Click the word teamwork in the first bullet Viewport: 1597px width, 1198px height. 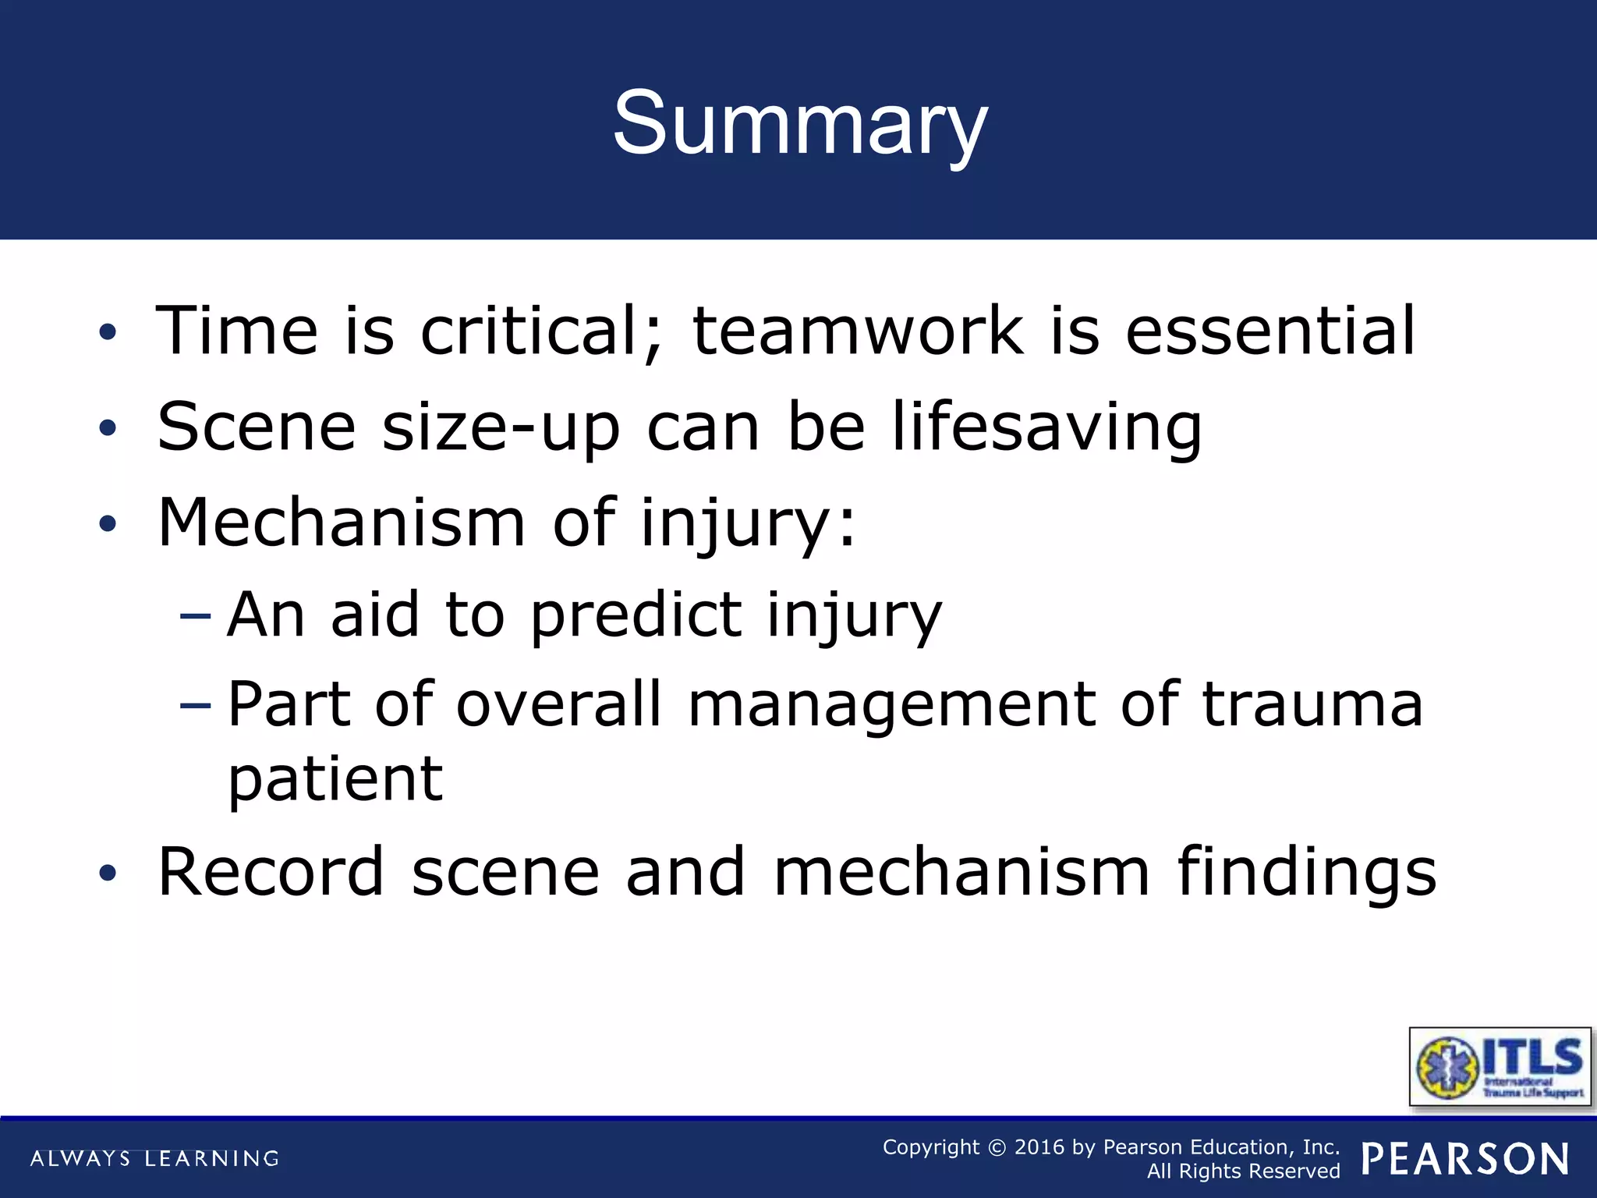pos(857,331)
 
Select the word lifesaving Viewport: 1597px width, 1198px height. pos(1046,427)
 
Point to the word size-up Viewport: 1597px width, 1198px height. pos(501,427)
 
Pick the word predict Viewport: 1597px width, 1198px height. pos(636,615)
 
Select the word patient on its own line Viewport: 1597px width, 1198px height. pos(335,780)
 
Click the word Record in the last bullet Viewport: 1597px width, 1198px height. pos(271,871)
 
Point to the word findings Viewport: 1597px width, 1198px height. pos(1306,873)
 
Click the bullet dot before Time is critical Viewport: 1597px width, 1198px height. pos(108,333)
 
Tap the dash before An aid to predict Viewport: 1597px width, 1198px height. pos(195,616)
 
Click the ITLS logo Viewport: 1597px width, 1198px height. pos(1500,1067)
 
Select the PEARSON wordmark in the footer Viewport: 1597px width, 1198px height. pos(1465,1159)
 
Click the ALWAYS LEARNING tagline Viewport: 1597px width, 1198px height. pos(154,1159)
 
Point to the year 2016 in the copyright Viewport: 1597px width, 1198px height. pos(1039,1147)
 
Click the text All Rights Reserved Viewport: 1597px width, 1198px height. pos(1243,1171)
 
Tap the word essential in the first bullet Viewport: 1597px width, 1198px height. pos(1270,331)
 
